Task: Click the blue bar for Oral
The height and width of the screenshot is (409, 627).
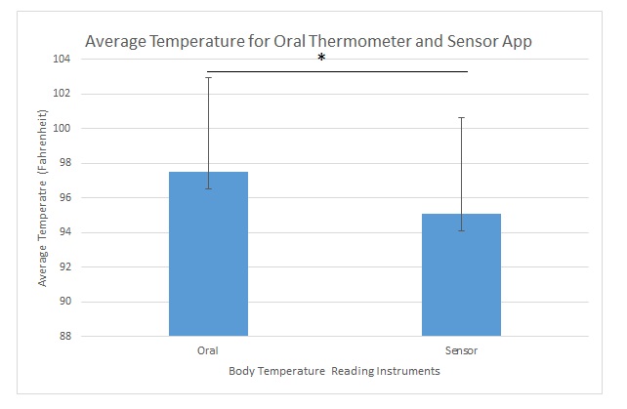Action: click(x=208, y=254)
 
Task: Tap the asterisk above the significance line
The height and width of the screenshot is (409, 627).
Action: click(x=321, y=59)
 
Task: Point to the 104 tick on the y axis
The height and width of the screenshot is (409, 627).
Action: click(x=63, y=60)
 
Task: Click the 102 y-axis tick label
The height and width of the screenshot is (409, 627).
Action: click(x=63, y=94)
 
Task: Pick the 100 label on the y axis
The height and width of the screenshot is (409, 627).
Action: click(x=63, y=129)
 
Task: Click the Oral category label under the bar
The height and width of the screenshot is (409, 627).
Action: click(x=208, y=349)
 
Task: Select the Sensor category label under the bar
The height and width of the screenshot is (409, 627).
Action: click(x=461, y=349)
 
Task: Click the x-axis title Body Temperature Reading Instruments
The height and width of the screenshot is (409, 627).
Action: click(x=334, y=371)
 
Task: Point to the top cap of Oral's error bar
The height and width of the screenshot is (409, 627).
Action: click(x=208, y=77)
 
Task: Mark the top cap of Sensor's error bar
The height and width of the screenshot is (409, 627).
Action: click(x=461, y=117)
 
